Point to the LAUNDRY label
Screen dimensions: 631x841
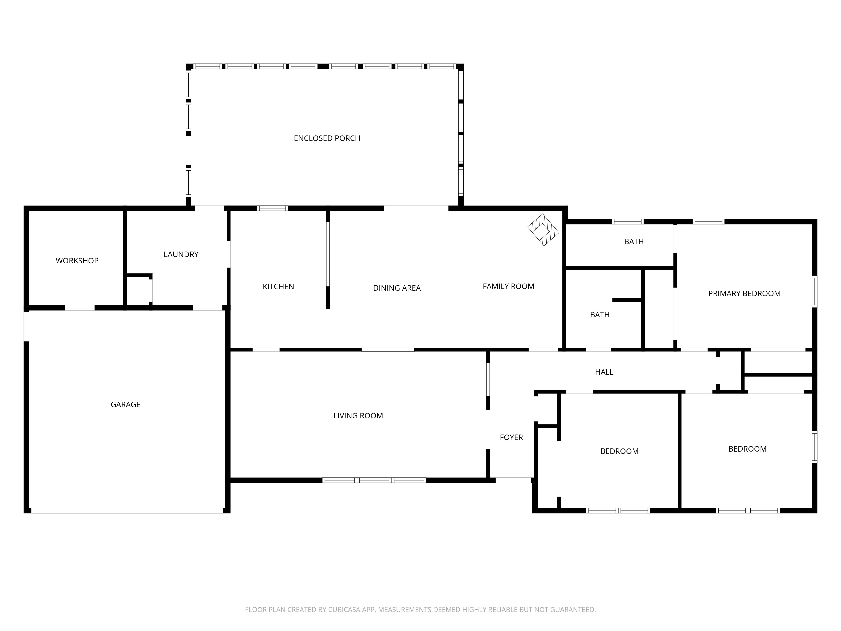(x=181, y=255)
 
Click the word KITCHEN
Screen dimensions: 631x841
(x=278, y=287)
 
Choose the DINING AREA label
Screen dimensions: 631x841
(x=397, y=288)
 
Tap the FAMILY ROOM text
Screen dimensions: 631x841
(x=508, y=287)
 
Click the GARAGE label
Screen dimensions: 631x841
(x=126, y=405)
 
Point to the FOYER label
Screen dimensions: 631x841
(x=511, y=438)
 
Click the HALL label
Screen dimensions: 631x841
(x=604, y=372)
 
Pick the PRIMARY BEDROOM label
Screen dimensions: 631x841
(x=744, y=294)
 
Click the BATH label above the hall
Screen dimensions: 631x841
(x=600, y=315)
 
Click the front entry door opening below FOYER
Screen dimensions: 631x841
(x=513, y=480)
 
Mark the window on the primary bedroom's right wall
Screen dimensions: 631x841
(x=814, y=291)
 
